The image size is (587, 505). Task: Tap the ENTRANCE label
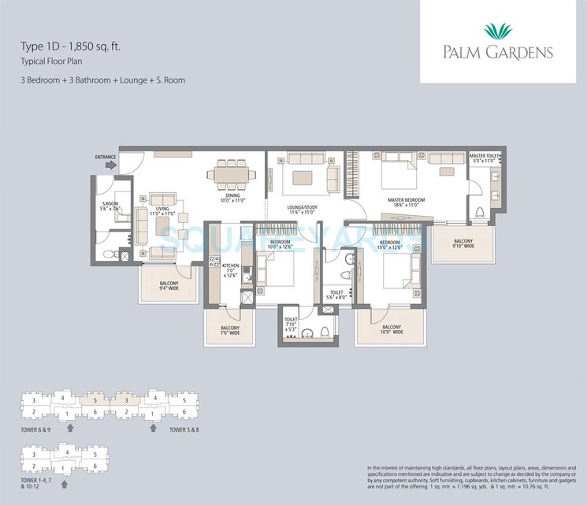tap(106, 157)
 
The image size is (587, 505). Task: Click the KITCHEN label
tap(231, 267)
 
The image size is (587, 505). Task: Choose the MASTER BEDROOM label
tap(406, 200)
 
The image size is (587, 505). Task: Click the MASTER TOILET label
tap(484, 157)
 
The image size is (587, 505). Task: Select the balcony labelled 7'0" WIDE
tap(230, 329)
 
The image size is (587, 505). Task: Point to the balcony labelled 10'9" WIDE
tap(391, 329)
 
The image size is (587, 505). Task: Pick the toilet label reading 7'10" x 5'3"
tap(292, 323)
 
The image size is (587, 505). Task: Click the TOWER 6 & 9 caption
tap(35, 430)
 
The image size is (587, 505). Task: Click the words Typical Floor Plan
tap(47, 61)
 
